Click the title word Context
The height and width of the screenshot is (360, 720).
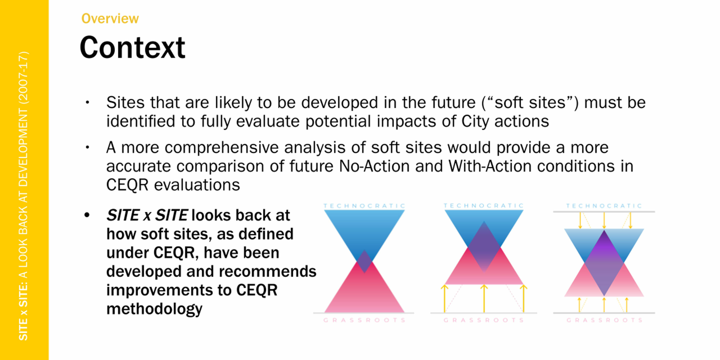click(x=132, y=48)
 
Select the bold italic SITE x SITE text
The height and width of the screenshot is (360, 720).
click(x=147, y=215)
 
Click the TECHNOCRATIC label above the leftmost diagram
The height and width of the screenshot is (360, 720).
click(x=364, y=206)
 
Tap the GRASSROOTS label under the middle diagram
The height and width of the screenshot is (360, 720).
click(x=484, y=320)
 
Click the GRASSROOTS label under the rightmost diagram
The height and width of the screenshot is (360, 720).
click(x=604, y=320)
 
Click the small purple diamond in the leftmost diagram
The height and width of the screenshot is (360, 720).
click(x=364, y=262)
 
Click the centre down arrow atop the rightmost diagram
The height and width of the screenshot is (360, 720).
click(x=604, y=221)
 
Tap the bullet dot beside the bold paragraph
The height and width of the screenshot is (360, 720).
click(x=87, y=215)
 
